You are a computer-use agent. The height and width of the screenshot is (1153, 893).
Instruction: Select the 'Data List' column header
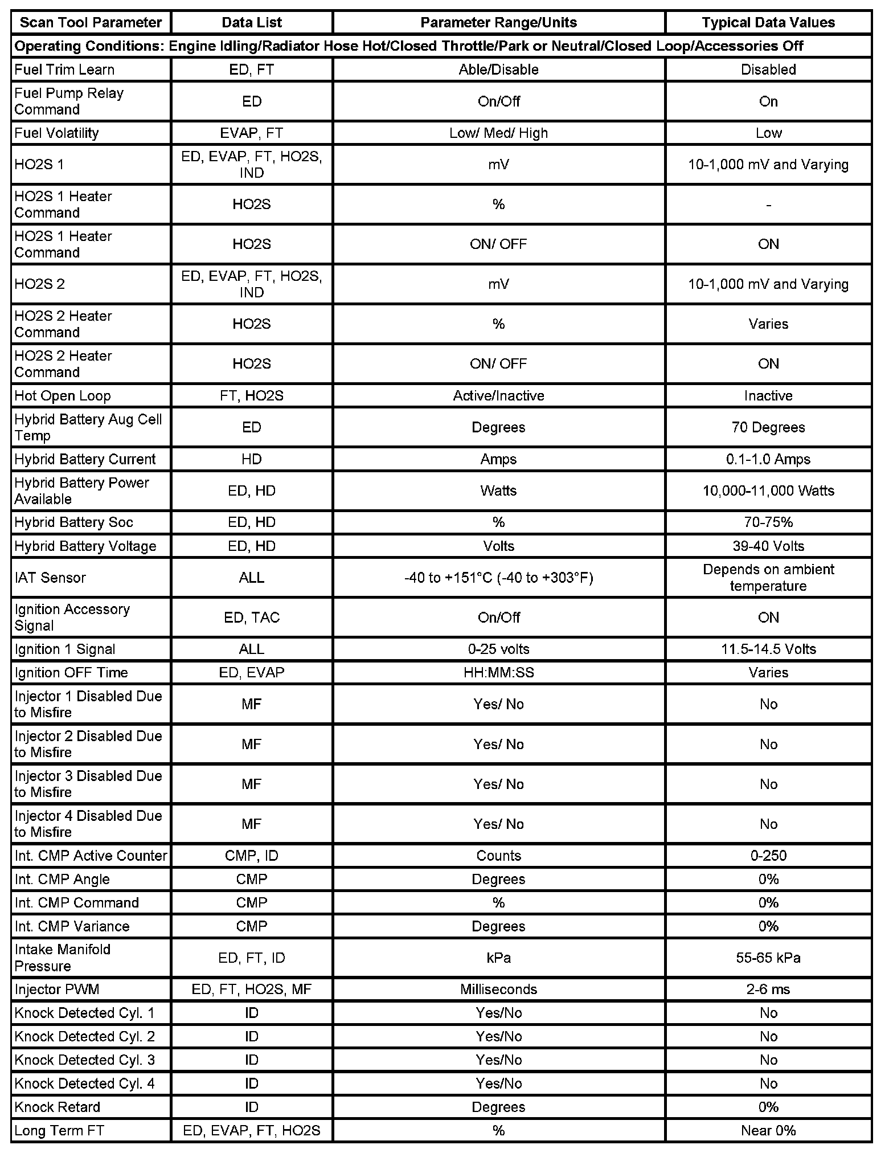pos(252,23)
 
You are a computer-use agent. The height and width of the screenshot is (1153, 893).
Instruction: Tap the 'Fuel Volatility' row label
pos(56,133)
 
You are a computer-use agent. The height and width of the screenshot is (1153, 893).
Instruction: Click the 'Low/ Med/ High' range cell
pos(498,133)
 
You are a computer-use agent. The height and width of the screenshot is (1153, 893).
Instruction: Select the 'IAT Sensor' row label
pos(50,578)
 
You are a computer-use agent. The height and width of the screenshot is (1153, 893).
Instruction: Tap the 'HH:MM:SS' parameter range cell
pos(498,672)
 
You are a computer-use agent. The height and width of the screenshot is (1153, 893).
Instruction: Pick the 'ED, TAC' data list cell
pos(252,618)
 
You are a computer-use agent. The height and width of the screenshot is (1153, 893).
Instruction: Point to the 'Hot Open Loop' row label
pos(63,395)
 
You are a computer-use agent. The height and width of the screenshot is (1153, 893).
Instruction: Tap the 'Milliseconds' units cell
pos(498,989)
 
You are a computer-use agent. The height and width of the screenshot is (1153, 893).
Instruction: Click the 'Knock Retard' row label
pos(57,1107)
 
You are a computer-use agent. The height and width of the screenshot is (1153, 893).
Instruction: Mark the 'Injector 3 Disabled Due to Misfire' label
pos(88,784)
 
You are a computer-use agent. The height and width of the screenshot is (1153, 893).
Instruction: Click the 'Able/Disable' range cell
pos(498,69)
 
